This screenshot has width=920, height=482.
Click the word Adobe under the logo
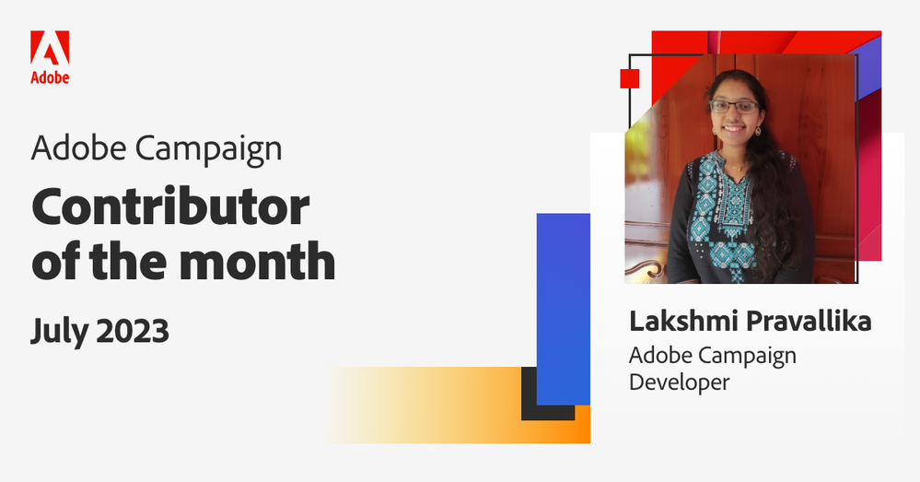50,78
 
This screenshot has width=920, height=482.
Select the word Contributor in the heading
169,208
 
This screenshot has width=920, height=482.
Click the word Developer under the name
679,381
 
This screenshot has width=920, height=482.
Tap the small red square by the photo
630,79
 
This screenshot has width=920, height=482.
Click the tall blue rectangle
563,304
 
